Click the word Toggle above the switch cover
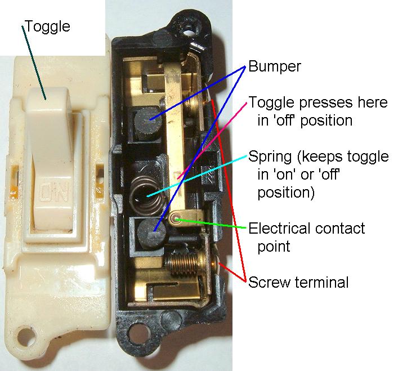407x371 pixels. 48,26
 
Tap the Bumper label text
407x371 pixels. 275,66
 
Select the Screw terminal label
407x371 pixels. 298,282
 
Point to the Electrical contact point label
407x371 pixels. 307,238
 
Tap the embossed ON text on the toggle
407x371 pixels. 54,193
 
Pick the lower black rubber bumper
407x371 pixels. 151,234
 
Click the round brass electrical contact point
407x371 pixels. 177,217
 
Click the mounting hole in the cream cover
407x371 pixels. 25,337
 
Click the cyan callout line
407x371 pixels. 197,176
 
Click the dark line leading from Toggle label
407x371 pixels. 34,62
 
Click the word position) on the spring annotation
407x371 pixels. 286,193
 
